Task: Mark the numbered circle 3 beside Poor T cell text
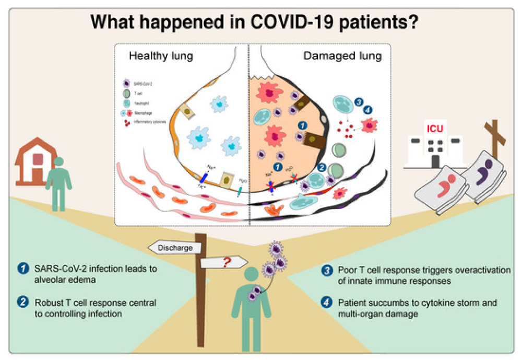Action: [326, 270]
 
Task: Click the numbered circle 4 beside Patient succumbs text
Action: [326, 303]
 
